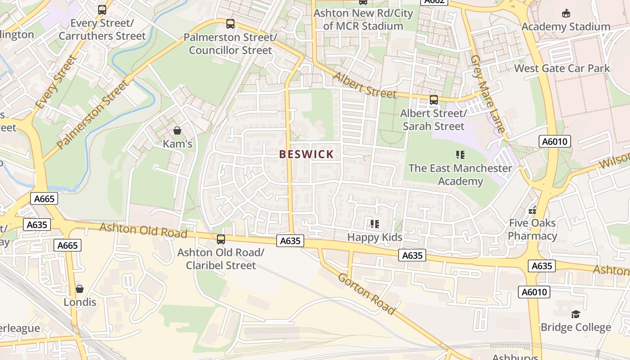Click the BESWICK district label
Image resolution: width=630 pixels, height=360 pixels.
306,154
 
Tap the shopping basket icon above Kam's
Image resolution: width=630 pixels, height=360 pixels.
177,131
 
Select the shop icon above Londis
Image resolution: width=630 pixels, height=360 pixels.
80,288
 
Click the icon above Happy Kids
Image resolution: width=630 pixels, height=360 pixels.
374,224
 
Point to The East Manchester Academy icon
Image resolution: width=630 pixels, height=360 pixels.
460,155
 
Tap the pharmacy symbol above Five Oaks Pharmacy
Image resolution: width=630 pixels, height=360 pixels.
533,210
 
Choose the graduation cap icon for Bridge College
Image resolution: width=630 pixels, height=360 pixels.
576,314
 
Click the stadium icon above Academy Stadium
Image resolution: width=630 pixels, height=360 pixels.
566,13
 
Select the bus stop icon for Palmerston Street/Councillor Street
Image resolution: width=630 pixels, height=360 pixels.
230,24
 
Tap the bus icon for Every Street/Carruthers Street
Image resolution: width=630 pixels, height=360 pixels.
102,10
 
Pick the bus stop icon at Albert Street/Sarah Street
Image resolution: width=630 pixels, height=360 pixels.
434,100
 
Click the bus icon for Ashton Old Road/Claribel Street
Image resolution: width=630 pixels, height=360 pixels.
220,239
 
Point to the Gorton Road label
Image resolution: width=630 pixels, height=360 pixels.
366,294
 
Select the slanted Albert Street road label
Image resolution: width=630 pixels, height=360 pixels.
364,85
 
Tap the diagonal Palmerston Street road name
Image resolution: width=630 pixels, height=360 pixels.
93,114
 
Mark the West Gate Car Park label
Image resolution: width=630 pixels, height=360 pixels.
562,68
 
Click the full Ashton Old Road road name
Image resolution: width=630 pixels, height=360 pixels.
143,230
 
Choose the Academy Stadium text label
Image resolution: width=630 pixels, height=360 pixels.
566,27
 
